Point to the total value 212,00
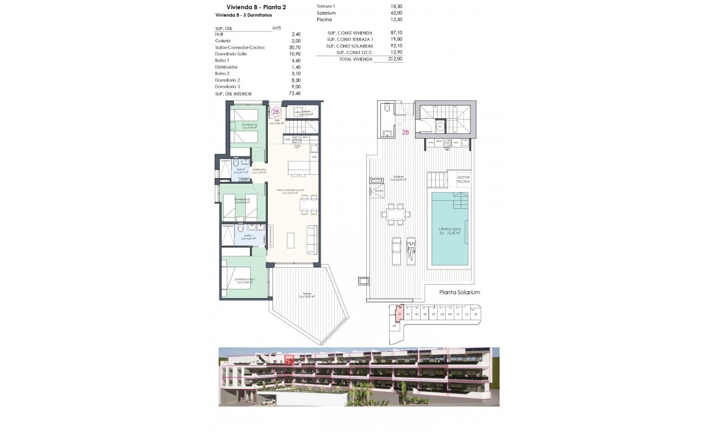(x=395, y=59)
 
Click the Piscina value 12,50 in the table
(x=396, y=19)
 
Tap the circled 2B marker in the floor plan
(x=276, y=112)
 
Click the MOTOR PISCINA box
(x=463, y=180)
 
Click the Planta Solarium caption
(x=459, y=292)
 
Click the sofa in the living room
(x=312, y=238)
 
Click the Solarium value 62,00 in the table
(x=396, y=12)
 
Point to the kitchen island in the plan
(x=300, y=168)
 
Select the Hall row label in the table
(x=219, y=34)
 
